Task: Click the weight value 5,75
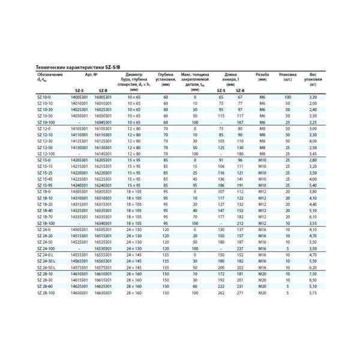tap(313, 292)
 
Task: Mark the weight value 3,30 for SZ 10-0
tap(313, 97)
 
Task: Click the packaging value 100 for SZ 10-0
tap(287, 97)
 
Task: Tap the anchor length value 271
tap(239, 292)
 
